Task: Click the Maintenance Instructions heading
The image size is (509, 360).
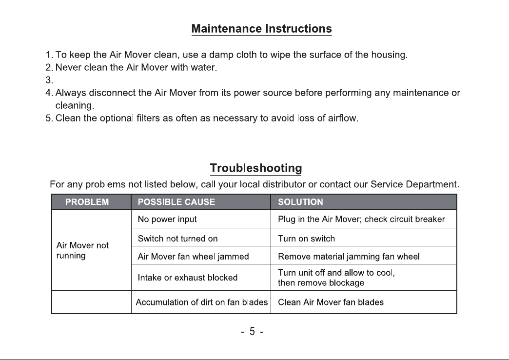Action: click(x=261, y=29)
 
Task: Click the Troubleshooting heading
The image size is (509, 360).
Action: click(x=255, y=168)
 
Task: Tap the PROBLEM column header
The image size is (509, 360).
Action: click(x=87, y=202)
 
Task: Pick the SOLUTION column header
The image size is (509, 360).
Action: click(x=300, y=202)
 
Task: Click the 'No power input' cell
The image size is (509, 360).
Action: click(x=167, y=219)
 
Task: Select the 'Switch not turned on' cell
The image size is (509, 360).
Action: click(x=177, y=239)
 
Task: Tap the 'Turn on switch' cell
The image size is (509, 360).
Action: click(x=306, y=239)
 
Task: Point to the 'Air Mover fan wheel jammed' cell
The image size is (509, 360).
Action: click(x=193, y=256)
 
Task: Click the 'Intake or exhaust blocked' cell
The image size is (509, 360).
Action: click(x=188, y=278)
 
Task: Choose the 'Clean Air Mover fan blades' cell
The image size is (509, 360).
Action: click(x=331, y=302)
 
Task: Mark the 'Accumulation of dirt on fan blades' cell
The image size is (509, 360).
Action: click(x=201, y=302)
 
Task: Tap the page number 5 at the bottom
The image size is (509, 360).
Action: click(x=252, y=332)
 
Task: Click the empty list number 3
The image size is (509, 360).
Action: click(x=49, y=80)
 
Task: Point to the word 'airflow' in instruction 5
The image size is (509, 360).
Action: click(x=343, y=118)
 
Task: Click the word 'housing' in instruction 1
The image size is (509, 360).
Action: click(x=388, y=55)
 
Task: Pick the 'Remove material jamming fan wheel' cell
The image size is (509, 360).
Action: click(x=349, y=256)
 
